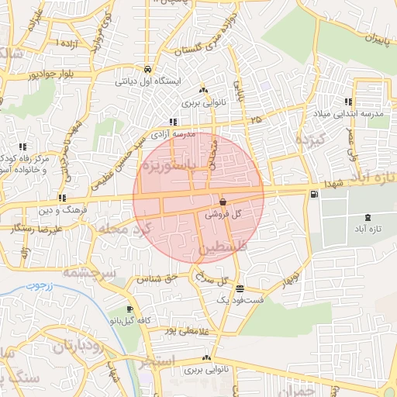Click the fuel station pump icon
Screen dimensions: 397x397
tap(313, 195)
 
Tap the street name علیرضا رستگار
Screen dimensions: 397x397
tap(34, 230)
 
